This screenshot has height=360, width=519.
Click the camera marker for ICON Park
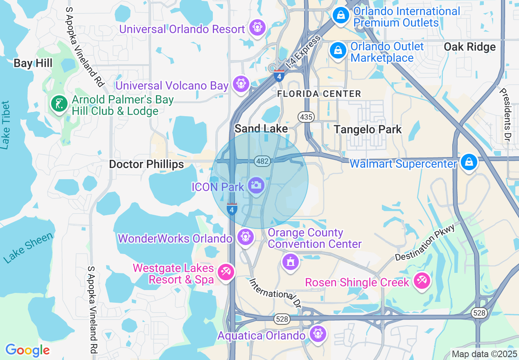tap(256, 185)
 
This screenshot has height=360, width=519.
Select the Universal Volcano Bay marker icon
tap(241, 84)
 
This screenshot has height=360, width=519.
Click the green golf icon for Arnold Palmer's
tap(59, 103)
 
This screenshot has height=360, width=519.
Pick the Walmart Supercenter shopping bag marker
tap(469, 162)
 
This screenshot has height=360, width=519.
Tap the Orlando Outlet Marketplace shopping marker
tap(338, 51)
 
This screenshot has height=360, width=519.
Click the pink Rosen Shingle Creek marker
tap(422, 281)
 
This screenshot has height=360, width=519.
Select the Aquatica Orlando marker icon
tap(318, 333)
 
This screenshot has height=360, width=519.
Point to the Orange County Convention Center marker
tap(291, 261)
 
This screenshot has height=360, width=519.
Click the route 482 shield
tap(262, 161)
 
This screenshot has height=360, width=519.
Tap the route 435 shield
tap(306, 117)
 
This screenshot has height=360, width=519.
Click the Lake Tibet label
tap(5, 125)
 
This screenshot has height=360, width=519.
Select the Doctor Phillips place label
tap(146, 164)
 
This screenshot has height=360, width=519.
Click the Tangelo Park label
tap(368, 130)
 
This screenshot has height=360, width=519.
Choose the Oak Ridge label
tap(469, 47)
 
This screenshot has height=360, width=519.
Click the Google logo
tap(27, 350)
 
